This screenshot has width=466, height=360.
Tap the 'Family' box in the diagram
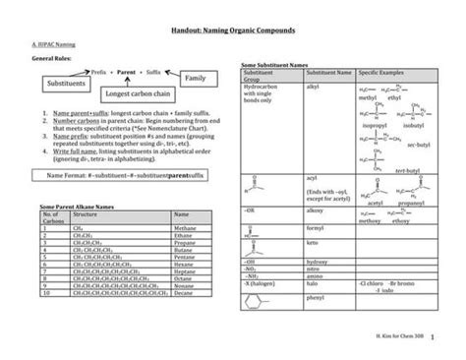196,77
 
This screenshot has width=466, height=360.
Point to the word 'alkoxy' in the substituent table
319,210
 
